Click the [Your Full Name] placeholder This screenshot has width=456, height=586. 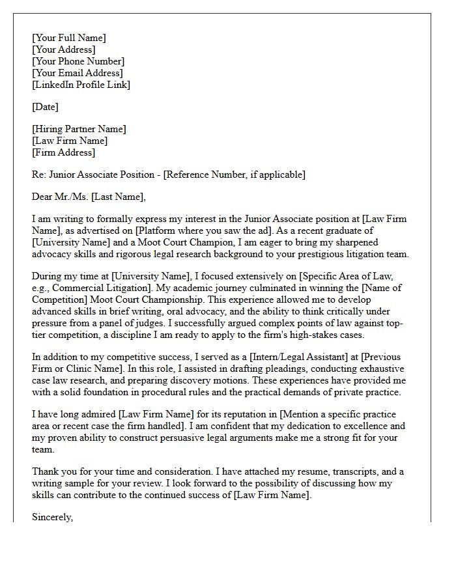(x=68, y=38)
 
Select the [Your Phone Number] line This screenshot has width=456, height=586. (x=77, y=61)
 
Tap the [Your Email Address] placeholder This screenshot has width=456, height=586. (x=77, y=73)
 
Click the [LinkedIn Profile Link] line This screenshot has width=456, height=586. (x=81, y=85)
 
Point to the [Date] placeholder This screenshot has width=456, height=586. (x=45, y=107)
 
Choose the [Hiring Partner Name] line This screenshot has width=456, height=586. (x=79, y=129)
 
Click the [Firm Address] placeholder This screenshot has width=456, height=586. (x=63, y=152)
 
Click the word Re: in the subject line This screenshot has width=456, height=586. (x=38, y=174)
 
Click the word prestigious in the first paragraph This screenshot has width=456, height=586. (x=327, y=254)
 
